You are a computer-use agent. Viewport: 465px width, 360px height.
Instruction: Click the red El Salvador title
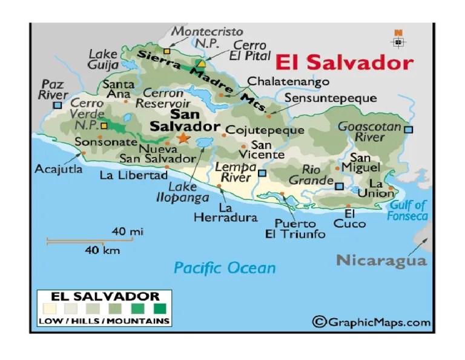[344, 63]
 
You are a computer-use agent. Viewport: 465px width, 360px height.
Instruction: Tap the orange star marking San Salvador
[183, 138]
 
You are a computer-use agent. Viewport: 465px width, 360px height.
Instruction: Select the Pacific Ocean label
[225, 267]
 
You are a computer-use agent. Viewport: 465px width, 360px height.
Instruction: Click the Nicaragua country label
[381, 261]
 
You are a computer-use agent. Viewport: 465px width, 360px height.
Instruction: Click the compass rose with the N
[398, 40]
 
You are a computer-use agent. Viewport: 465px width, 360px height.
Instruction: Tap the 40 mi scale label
[127, 232]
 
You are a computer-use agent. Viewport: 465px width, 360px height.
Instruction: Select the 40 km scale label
[102, 250]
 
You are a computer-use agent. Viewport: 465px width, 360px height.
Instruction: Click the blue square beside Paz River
[57, 105]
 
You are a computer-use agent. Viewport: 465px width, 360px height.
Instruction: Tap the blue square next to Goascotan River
[409, 129]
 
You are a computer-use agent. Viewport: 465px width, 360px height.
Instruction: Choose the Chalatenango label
[288, 81]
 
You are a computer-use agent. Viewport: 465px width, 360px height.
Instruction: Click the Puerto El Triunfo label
[295, 228]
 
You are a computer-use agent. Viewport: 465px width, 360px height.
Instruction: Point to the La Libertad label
[133, 175]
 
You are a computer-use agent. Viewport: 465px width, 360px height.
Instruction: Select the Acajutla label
[59, 168]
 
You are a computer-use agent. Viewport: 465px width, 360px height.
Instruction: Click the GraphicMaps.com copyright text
[372, 322]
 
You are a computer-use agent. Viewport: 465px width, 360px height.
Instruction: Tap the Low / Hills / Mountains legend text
[104, 321]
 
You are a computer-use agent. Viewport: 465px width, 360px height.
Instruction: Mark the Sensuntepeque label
[331, 98]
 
